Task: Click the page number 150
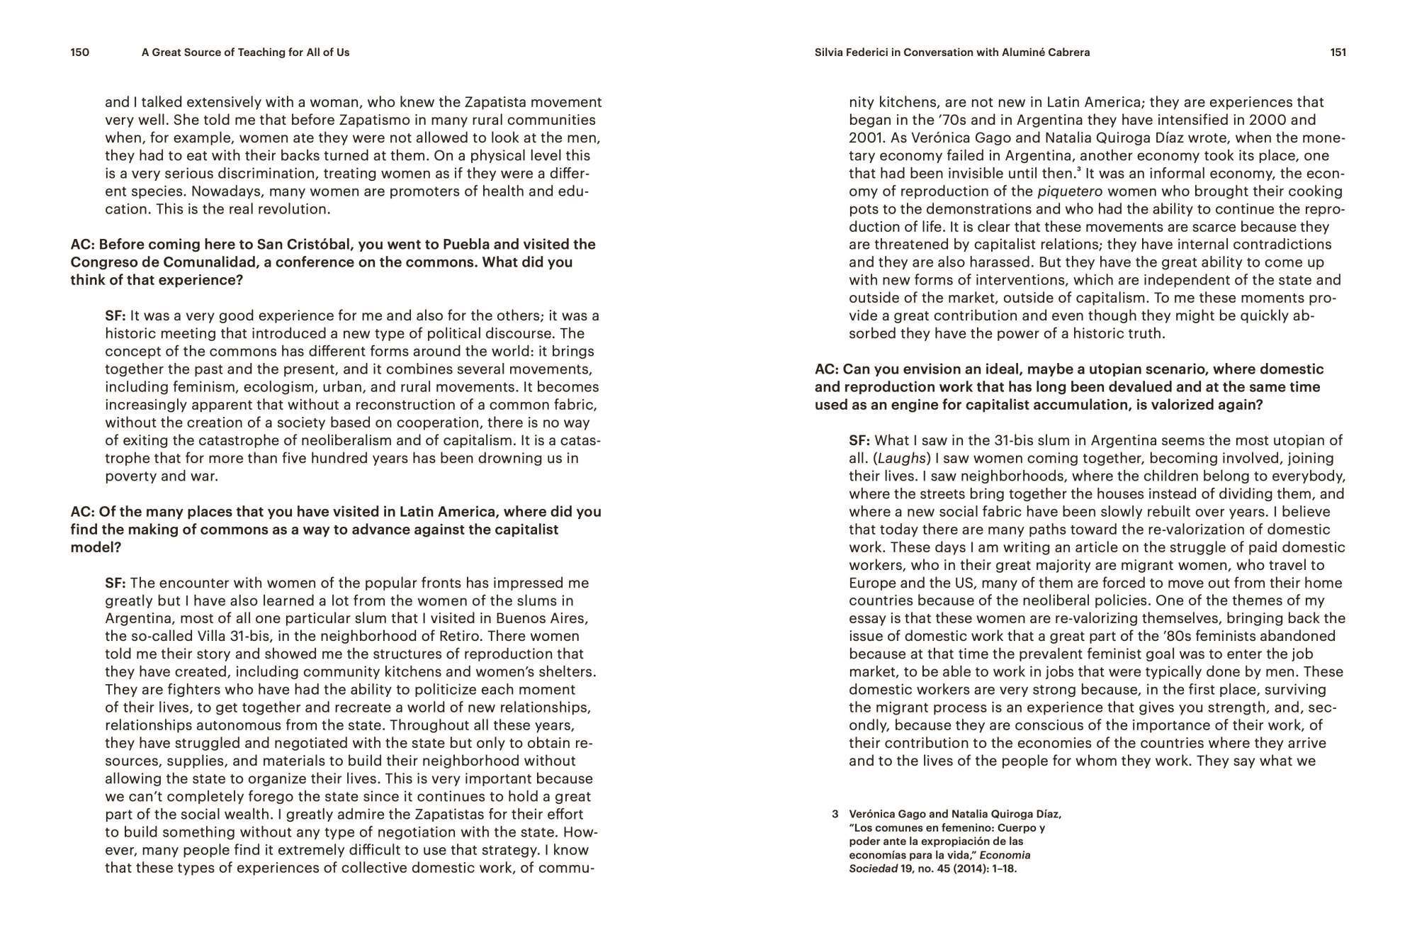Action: [x=79, y=52]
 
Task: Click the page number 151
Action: [x=1338, y=52]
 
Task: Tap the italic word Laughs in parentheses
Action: [x=902, y=459]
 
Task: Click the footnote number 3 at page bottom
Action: [x=835, y=815]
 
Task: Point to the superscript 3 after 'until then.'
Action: [x=1078, y=170]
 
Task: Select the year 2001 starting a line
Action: [x=864, y=138]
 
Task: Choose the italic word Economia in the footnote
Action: [x=1005, y=856]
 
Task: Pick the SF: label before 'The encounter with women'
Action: [x=115, y=583]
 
